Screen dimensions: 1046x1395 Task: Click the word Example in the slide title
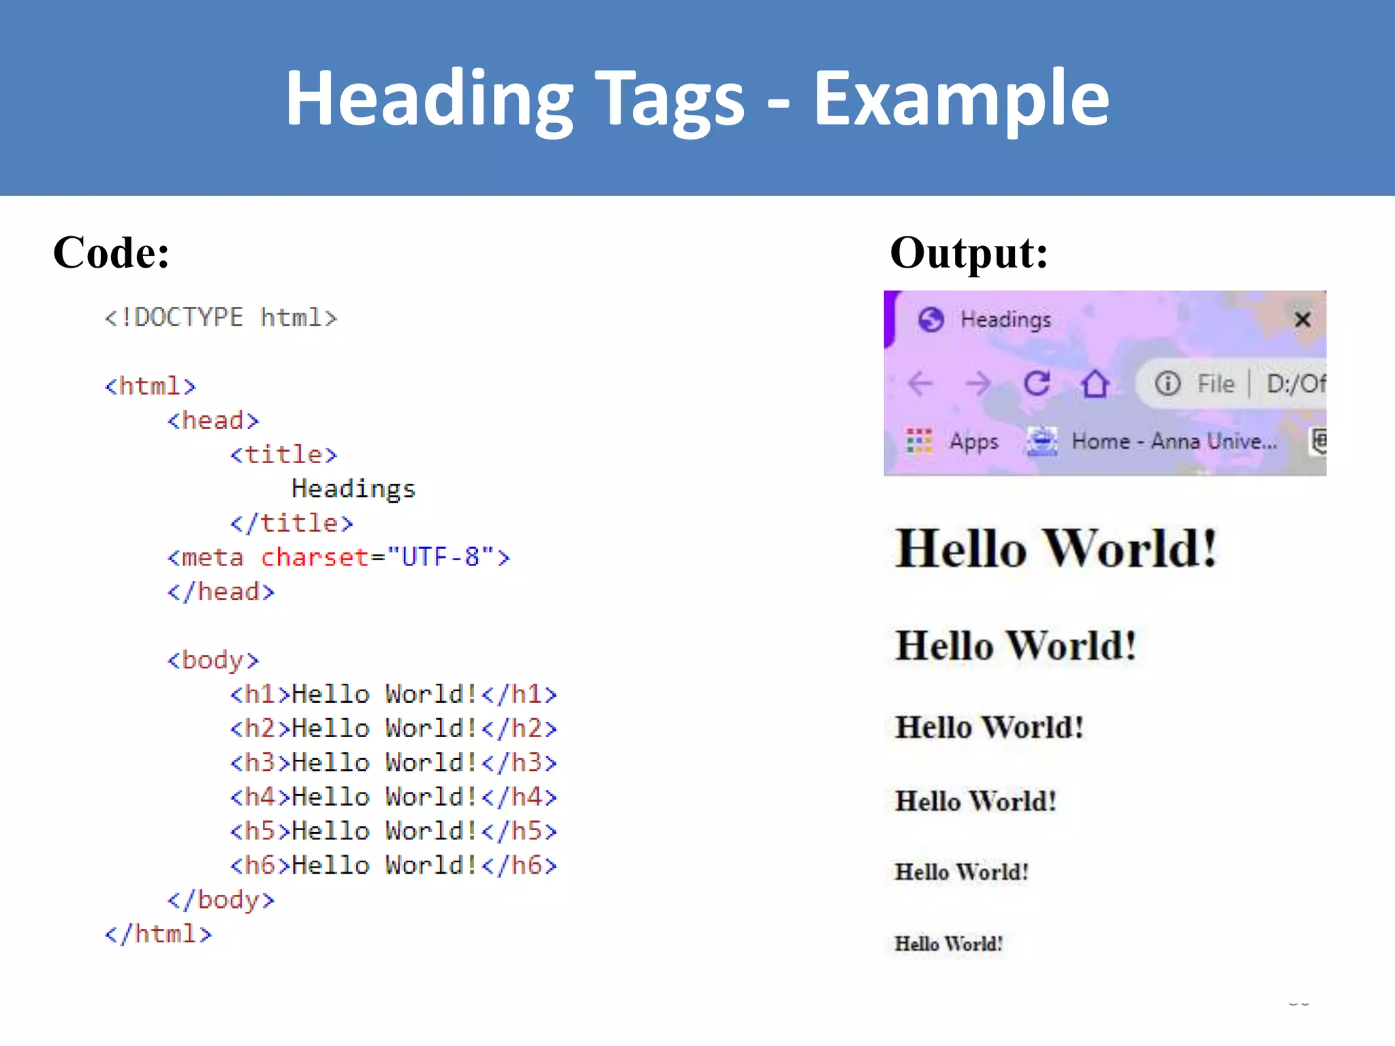click(961, 99)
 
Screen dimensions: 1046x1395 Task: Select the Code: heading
click(111, 253)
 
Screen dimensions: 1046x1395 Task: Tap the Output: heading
click(969, 253)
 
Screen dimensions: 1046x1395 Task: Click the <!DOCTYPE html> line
click(221, 318)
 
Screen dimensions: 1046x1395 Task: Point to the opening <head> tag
click(213, 421)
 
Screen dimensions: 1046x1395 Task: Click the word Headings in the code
click(353, 489)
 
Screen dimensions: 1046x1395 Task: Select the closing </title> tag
click(292, 523)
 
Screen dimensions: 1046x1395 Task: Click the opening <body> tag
click(213, 660)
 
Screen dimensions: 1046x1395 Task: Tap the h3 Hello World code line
click(393, 763)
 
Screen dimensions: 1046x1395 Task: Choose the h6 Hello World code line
click(393, 866)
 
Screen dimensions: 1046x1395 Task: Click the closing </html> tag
click(158, 934)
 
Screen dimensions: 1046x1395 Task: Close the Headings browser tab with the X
click(1302, 319)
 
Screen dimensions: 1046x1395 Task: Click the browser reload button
click(1037, 383)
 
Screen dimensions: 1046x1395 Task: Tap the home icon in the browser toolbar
click(1095, 383)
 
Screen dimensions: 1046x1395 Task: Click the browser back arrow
click(920, 383)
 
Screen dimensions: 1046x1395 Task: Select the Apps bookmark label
click(974, 441)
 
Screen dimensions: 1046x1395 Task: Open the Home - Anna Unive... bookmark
click(1174, 441)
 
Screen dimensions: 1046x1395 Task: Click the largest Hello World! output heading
click(1056, 549)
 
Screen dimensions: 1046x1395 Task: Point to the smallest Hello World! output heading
click(948, 944)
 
